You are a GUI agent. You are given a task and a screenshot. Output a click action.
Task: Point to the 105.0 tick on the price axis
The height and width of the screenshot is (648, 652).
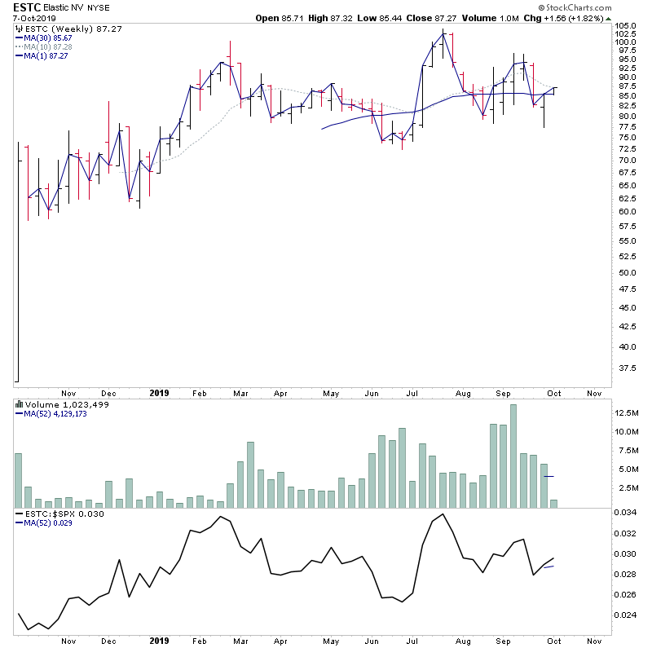626,27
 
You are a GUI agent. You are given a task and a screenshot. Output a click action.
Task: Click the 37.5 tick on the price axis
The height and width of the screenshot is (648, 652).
623,368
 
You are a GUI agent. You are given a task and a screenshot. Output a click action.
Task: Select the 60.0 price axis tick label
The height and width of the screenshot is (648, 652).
623,211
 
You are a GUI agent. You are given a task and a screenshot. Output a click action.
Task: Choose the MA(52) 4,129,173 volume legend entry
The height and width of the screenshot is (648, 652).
55,414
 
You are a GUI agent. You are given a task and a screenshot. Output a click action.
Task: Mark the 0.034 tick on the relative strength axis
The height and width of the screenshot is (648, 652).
626,513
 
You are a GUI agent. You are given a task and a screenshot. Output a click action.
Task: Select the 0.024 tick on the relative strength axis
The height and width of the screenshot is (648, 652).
626,615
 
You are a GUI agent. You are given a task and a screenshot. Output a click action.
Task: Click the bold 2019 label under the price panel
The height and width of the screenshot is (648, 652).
160,392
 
